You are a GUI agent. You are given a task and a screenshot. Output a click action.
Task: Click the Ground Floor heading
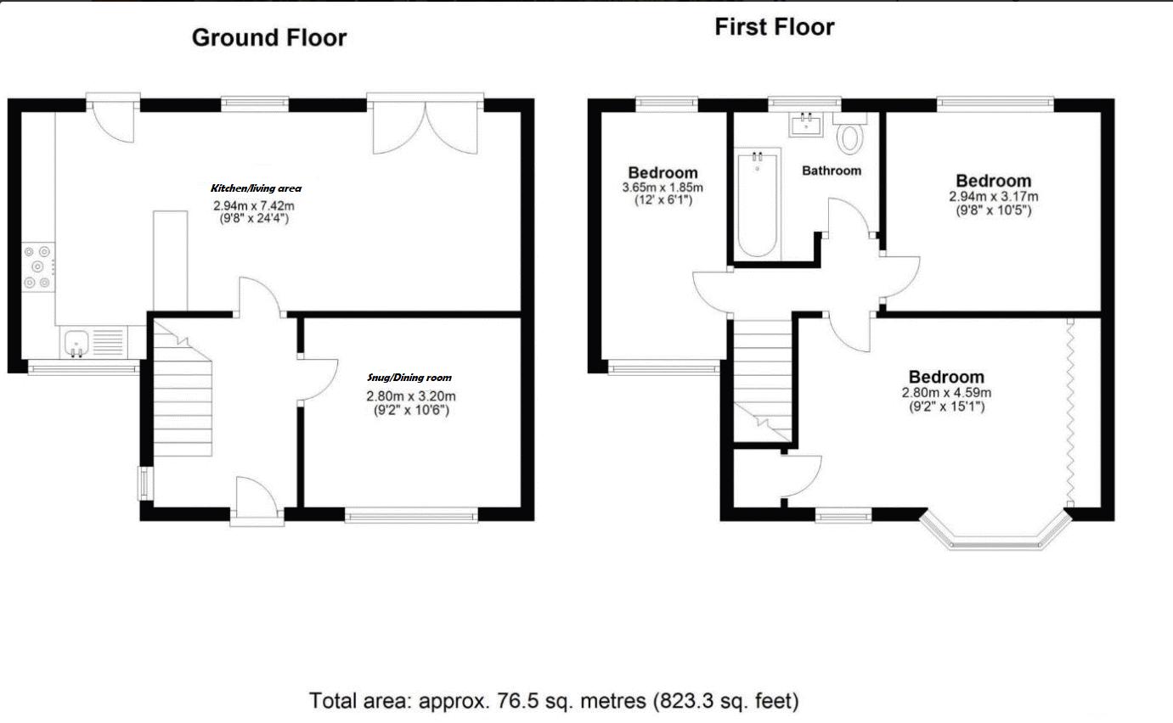[x=268, y=38]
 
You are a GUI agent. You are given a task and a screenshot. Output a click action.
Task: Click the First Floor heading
[x=774, y=27]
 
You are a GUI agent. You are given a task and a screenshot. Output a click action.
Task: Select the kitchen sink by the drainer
[x=76, y=344]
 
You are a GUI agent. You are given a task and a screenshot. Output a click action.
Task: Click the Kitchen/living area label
[x=256, y=188]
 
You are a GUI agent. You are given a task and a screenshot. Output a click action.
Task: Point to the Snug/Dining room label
[x=409, y=378]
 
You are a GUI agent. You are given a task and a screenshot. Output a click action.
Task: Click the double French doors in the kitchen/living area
[x=425, y=127]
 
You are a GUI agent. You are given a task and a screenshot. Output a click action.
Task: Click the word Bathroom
[x=832, y=171]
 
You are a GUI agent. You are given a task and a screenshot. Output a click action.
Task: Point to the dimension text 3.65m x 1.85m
[x=663, y=188]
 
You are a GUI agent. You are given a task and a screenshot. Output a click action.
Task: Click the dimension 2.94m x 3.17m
[x=994, y=196]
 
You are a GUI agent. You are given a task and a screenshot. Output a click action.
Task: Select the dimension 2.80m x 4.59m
[x=946, y=392]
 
